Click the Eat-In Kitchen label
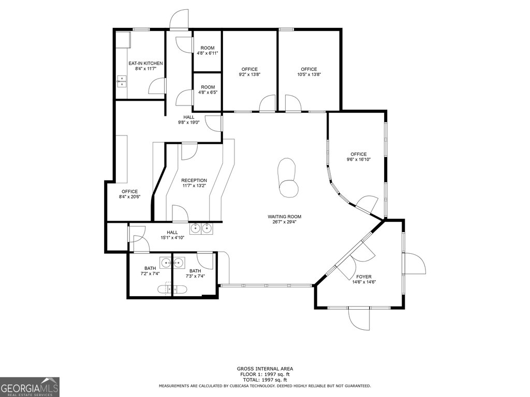145,63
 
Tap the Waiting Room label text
284,217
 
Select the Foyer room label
364,277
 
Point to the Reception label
194,180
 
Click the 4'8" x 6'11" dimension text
208,53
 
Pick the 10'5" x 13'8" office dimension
309,74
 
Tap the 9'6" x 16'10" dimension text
359,160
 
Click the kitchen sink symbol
122,81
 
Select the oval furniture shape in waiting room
288,178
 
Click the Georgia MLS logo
30,387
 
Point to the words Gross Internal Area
265,369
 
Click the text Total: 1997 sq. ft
265,380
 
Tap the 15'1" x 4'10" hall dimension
172,238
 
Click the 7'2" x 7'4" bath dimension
150,274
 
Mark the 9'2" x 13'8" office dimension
249,74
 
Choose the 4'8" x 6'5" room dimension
208,92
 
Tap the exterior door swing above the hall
179,19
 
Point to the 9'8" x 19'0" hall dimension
189,123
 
